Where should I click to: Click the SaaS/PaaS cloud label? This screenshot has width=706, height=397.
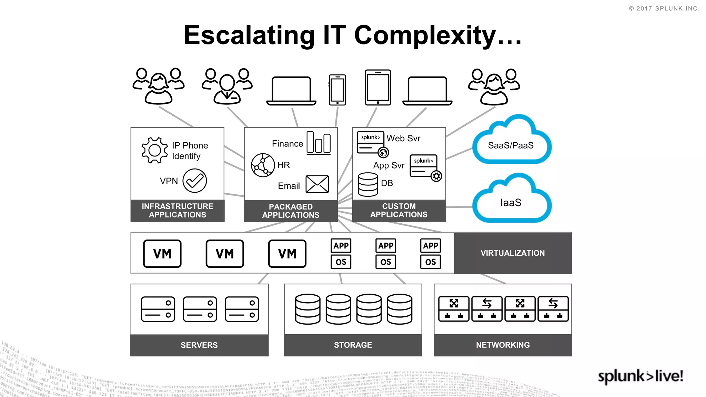(x=511, y=145)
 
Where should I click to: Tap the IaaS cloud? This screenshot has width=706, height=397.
(x=511, y=202)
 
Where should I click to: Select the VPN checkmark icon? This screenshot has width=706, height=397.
(x=194, y=181)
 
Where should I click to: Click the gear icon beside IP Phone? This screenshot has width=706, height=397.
(x=154, y=150)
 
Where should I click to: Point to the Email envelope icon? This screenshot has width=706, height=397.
(x=317, y=184)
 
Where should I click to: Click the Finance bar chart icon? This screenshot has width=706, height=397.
(x=319, y=143)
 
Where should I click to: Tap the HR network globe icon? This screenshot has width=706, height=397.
(x=263, y=165)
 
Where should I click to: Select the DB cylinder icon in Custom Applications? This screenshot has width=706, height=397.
(x=368, y=184)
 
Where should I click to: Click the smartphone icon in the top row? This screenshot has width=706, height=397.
(x=337, y=90)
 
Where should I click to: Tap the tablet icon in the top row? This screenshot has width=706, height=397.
(x=378, y=88)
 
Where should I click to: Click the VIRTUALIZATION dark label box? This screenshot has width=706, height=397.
(x=513, y=253)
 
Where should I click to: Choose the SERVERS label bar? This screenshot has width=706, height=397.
(x=199, y=345)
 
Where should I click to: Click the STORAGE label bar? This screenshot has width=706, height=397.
(x=353, y=345)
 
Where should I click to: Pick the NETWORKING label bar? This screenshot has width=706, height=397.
(x=503, y=345)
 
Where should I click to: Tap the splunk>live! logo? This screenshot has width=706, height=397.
(x=640, y=376)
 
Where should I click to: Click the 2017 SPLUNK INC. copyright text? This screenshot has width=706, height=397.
(x=664, y=9)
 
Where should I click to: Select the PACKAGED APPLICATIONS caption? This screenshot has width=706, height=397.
(x=291, y=211)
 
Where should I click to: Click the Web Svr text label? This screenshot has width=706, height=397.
(x=403, y=139)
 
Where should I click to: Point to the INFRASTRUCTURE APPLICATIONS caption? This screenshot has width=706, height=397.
(x=177, y=211)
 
